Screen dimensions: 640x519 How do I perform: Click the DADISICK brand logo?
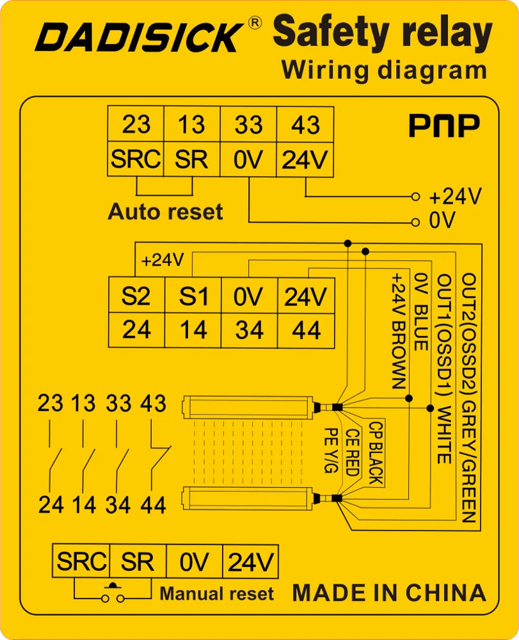click(x=139, y=37)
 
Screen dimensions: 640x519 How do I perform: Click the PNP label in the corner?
click(x=444, y=127)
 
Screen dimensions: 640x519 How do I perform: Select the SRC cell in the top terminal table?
click(x=136, y=159)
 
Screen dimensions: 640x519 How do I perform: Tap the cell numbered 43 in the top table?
click(x=305, y=124)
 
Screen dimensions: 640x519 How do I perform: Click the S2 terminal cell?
click(x=136, y=296)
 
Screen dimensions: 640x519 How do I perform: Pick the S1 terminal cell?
click(x=193, y=296)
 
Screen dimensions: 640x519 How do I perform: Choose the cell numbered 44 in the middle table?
click(x=305, y=330)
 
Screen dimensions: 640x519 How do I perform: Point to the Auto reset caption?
click(x=166, y=212)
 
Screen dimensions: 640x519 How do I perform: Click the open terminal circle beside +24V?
click(x=415, y=196)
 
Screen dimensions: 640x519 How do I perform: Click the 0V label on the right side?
click(x=442, y=221)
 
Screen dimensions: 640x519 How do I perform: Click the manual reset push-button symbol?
click(x=114, y=595)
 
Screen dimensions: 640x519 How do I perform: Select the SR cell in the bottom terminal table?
click(x=137, y=563)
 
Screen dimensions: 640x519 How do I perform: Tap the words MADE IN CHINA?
click(x=389, y=593)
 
